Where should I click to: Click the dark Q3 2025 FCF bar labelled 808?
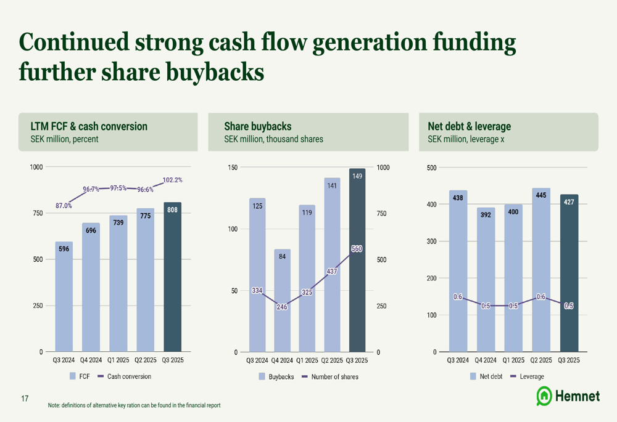[173, 277]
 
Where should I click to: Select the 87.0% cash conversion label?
[64, 206]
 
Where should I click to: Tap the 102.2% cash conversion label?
[172, 180]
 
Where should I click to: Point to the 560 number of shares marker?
[357, 249]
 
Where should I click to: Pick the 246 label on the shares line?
[282, 307]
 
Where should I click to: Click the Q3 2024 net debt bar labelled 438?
[458, 271]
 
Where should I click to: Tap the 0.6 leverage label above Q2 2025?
[540, 297]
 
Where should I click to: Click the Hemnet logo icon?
[544, 396]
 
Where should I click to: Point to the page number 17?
[25, 399]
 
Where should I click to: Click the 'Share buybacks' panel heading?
[257, 126]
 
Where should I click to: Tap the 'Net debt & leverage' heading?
[469, 126]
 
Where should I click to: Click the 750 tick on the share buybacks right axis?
[383, 214]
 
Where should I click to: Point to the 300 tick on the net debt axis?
[431, 241]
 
